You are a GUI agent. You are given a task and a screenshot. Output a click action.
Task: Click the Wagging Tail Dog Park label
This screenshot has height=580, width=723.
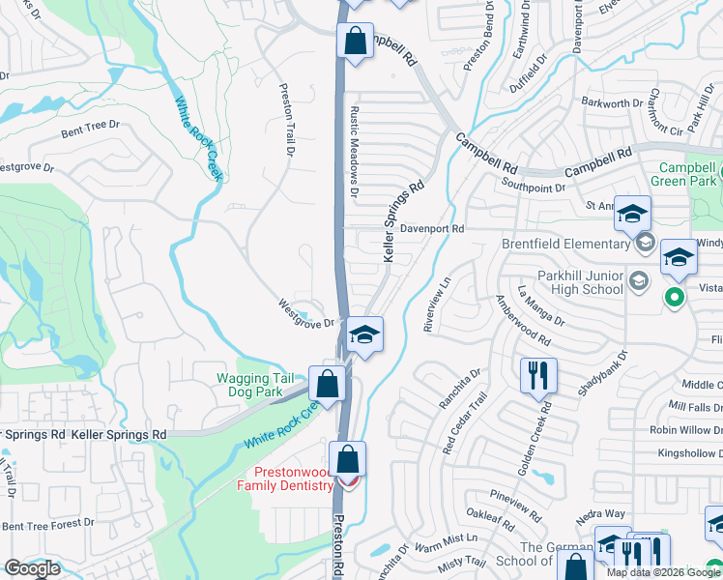(250, 386)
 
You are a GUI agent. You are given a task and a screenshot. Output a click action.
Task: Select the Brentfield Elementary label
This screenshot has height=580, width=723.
(565, 245)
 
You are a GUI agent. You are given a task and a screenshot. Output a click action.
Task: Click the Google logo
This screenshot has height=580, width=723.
(32, 569)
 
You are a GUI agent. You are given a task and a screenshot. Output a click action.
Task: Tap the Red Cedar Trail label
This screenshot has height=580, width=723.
(462, 425)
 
